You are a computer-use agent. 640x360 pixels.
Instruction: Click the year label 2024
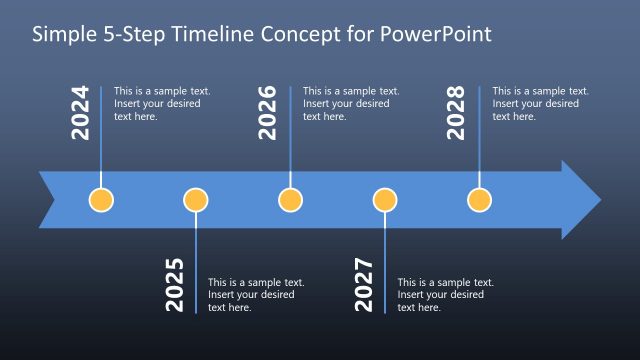point(81,111)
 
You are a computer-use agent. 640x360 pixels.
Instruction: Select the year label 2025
point(175,285)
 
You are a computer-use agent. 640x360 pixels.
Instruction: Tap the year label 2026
point(268,111)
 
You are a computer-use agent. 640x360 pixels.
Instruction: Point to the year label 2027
point(364,285)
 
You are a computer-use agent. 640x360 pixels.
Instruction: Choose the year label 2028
point(457,111)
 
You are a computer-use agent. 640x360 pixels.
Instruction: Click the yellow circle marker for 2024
point(101,200)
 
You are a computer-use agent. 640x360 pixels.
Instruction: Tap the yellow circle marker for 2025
point(196,200)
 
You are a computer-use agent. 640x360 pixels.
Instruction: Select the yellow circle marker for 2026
point(290,200)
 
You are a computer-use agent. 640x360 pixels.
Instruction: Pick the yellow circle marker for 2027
point(385,200)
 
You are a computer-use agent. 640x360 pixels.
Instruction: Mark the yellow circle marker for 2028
point(479,200)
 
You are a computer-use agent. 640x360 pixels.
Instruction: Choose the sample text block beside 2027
point(444,295)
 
